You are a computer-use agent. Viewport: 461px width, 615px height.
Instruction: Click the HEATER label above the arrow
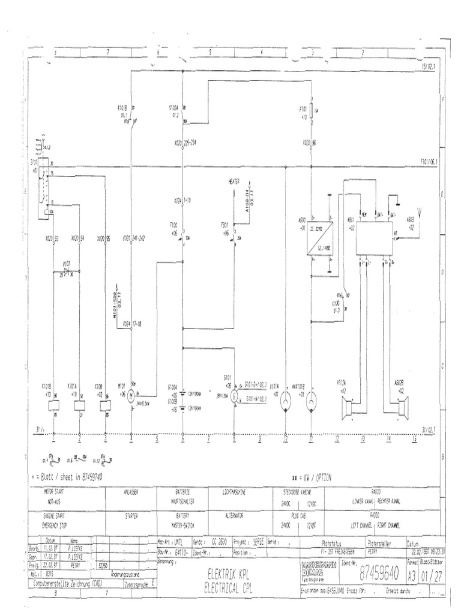235,181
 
